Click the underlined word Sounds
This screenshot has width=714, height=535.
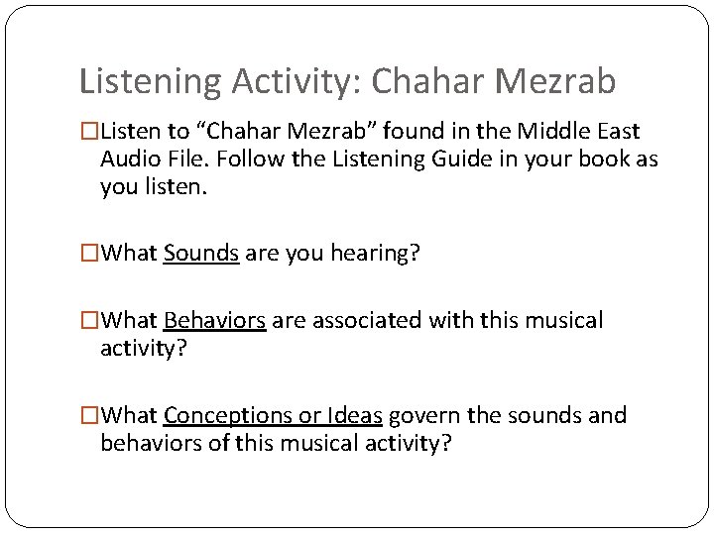201,254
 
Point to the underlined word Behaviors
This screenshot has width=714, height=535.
214,321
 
